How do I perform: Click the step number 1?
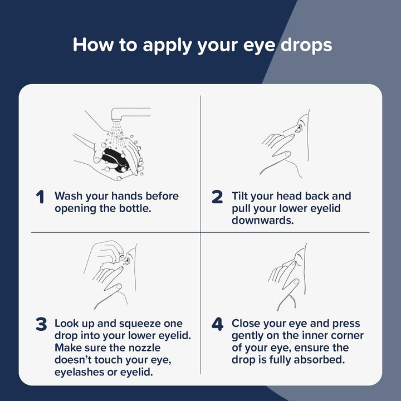(x=40, y=197)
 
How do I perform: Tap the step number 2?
(x=217, y=197)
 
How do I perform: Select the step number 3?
(x=41, y=324)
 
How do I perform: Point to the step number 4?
(x=217, y=324)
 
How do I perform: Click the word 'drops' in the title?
(x=306, y=45)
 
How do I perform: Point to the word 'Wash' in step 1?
(x=69, y=196)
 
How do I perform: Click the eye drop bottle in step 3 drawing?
(x=118, y=256)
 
